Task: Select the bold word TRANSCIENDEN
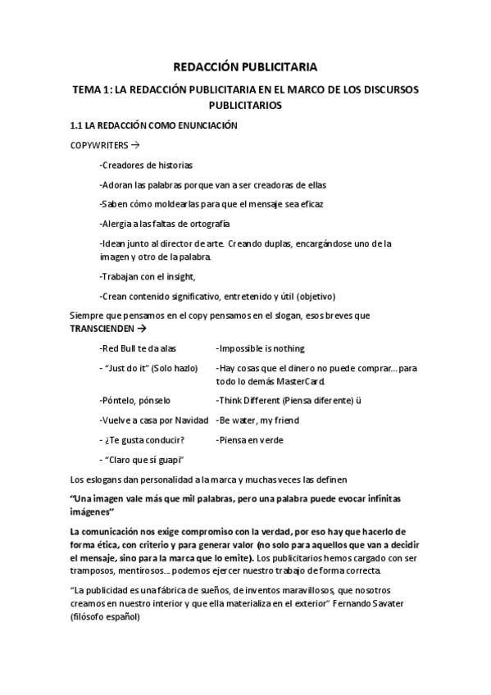tap(102, 328)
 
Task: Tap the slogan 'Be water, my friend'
tap(257, 420)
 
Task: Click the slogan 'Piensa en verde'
tap(249, 440)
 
